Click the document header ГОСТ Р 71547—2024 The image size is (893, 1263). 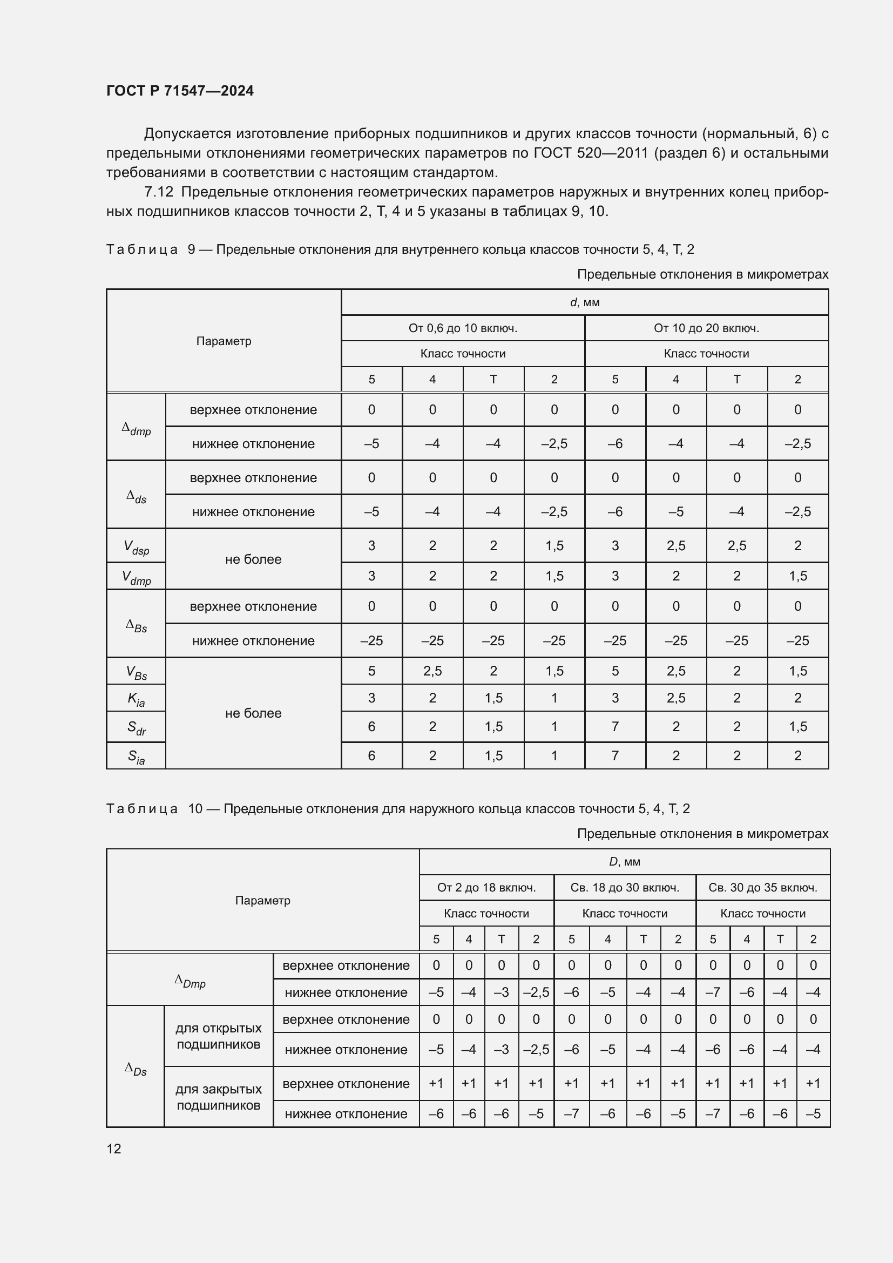coord(180,91)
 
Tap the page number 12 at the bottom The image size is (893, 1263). coord(114,1149)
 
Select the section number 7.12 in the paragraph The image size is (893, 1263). coord(158,192)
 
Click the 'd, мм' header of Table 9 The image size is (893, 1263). coord(585,302)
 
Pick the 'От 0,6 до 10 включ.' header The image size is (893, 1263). coord(463,328)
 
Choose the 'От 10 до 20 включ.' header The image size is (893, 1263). coord(706,328)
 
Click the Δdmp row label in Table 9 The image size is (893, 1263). coord(136,429)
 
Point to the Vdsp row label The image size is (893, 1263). coord(136,548)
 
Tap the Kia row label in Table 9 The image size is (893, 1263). coord(136,699)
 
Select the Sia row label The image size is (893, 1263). coord(136,757)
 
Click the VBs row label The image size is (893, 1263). coord(136,672)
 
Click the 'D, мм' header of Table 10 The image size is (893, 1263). coord(624,862)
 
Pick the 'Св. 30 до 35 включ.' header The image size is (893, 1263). coord(762,888)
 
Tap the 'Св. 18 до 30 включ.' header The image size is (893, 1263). coord(625,888)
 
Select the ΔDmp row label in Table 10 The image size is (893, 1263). coord(190,981)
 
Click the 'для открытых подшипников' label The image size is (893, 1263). coord(218,1036)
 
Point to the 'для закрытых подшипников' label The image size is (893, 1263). coord(218,1097)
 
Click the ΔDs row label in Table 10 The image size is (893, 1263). coord(136,1069)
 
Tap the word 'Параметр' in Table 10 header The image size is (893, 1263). coord(262,901)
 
